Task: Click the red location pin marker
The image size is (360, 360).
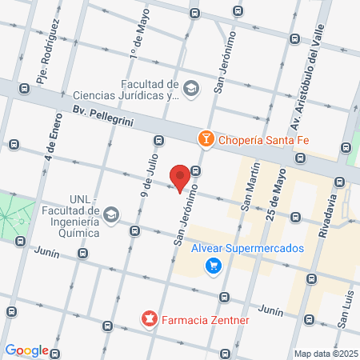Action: point(180,177)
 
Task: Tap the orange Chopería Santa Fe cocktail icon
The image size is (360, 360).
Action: point(206,139)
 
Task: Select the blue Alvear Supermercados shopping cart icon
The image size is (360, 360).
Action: point(212,266)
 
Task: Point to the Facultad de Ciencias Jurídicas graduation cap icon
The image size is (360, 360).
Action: point(191,88)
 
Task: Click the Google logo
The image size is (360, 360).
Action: point(26,350)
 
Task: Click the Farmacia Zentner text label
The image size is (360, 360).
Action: point(206,321)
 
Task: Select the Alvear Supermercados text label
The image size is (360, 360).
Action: point(247,248)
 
